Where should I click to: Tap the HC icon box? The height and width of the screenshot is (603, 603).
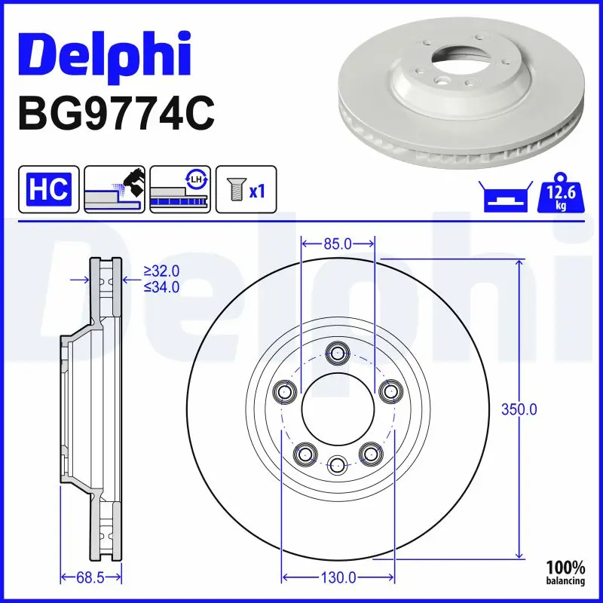tap(48, 188)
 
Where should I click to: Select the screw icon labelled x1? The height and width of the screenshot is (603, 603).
tap(246, 188)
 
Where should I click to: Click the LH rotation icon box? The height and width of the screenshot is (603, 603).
tap(179, 188)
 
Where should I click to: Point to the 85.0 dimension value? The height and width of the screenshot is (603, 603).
tap(338, 243)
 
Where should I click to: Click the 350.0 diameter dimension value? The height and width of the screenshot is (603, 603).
tap(519, 410)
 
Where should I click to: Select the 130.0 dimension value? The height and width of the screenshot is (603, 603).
tap(338, 578)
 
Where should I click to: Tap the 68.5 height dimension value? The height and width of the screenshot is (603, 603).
tap(90, 578)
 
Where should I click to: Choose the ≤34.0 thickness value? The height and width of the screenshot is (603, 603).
tap(161, 287)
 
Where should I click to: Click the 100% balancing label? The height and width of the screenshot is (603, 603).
tap(565, 572)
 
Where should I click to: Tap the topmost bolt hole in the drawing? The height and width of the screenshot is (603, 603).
tap(338, 353)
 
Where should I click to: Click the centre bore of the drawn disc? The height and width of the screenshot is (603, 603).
tap(338, 410)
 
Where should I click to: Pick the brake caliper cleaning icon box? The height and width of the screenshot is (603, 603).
tap(114, 188)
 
